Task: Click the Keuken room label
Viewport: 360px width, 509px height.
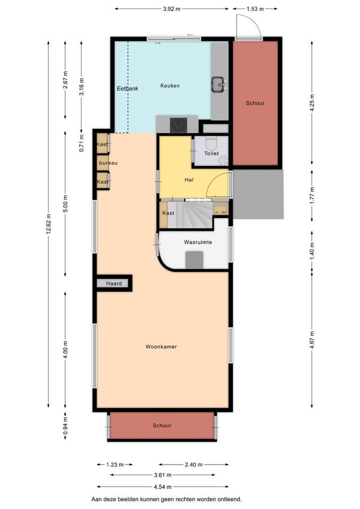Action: (x=170, y=86)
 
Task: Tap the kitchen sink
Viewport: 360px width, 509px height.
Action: (x=218, y=84)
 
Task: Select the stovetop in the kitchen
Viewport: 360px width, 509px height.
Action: (x=179, y=125)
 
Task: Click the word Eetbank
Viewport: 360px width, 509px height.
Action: (x=127, y=88)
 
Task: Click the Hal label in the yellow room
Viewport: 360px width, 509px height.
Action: (x=189, y=179)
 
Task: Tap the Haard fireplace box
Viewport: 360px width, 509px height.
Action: (x=114, y=284)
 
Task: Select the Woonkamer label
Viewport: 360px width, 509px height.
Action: (x=161, y=347)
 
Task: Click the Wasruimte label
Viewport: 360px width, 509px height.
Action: (x=198, y=242)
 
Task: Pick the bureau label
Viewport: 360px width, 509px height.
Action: (x=108, y=163)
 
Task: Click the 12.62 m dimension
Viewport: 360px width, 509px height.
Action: (x=49, y=224)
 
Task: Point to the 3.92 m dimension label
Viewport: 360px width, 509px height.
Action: (x=172, y=9)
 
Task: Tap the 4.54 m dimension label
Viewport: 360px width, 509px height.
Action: (x=163, y=487)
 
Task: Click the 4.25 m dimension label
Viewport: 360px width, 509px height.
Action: (x=312, y=103)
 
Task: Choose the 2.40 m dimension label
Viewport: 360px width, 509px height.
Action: (x=194, y=465)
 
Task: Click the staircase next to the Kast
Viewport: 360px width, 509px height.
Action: (x=190, y=215)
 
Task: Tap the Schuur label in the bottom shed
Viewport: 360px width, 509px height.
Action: (x=162, y=426)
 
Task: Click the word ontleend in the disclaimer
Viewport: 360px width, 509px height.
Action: (x=231, y=499)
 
